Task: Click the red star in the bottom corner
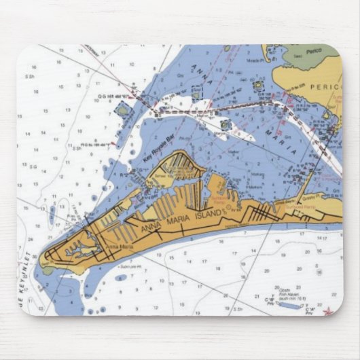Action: (x=329, y=311)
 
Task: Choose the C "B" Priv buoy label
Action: (x=269, y=302)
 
